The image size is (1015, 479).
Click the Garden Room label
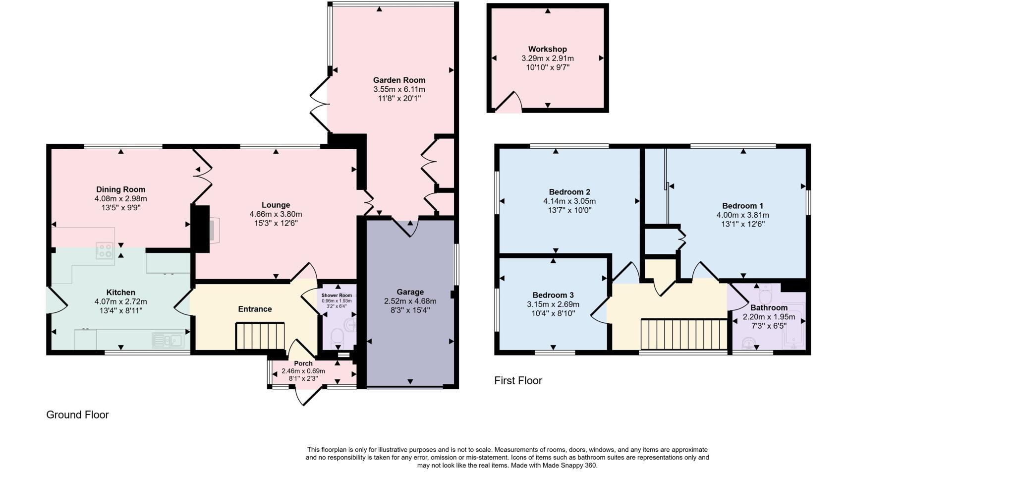(x=399, y=80)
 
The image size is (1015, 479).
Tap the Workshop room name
(x=547, y=49)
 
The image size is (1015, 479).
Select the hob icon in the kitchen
(x=104, y=250)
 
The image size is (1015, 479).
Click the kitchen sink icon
(x=169, y=341)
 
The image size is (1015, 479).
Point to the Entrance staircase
(x=260, y=336)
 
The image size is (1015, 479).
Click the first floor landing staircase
(x=684, y=334)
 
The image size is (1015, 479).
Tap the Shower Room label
(x=337, y=296)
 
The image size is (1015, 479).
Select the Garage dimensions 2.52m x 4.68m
(x=410, y=301)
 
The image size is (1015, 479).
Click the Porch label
(x=303, y=363)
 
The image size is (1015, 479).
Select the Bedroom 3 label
(x=553, y=295)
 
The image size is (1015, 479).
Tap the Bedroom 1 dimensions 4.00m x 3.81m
(x=742, y=215)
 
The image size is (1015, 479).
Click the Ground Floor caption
(x=77, y=415)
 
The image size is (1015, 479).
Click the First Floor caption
(x=518, y=380)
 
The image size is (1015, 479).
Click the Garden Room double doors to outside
(x=320, y=104)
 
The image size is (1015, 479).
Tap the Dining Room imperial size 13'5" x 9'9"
(x=120, y=207)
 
